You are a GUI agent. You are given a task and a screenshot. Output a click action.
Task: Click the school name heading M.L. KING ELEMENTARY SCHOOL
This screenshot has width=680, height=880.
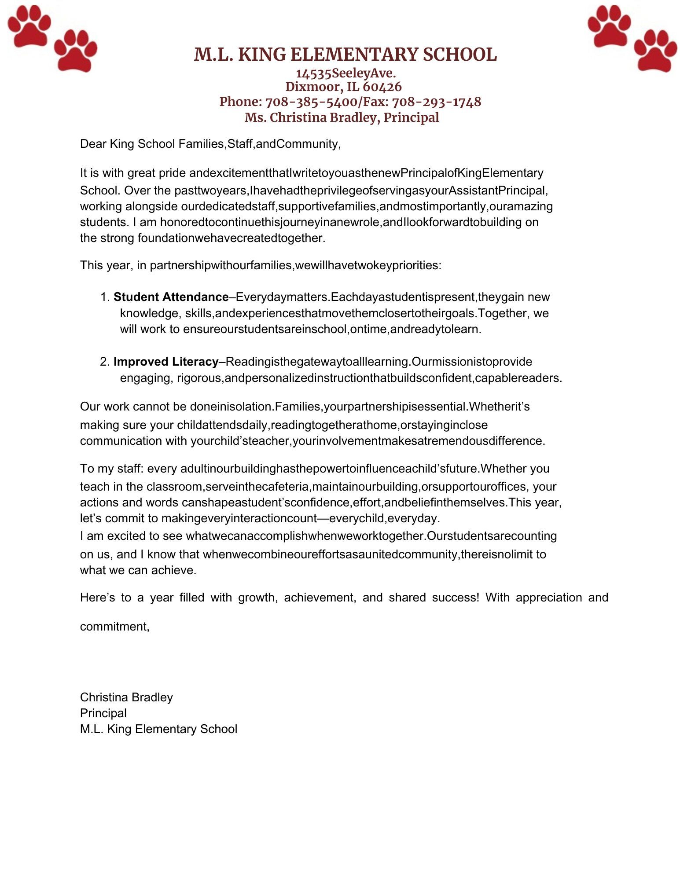(345, 55)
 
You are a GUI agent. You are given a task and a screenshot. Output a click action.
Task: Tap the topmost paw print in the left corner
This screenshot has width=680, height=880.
(29, 25)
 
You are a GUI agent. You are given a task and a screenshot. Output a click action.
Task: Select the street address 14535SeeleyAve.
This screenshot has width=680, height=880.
(346, 73)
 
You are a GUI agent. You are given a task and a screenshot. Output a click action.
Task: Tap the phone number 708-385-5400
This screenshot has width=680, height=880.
(311, 102)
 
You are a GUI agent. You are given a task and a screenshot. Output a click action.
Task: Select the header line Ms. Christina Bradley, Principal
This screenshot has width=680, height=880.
(342, 117)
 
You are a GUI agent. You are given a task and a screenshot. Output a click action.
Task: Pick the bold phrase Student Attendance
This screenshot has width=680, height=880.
(171, 297)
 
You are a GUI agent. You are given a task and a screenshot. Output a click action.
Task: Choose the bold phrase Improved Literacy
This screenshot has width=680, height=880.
(165, 362)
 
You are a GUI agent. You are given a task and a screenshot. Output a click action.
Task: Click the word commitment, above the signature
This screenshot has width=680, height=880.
(115, 626)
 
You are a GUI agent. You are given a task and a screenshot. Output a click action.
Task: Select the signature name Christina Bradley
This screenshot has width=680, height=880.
(126, 697)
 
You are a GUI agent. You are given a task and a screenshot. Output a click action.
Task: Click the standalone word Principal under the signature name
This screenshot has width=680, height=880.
(103, 713)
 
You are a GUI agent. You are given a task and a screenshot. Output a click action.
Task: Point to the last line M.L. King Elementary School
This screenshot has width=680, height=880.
(158, 729)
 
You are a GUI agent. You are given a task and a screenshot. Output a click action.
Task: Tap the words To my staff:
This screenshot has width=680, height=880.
(111, 469)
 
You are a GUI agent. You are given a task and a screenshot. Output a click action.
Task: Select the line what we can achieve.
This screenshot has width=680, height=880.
(138, 570)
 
